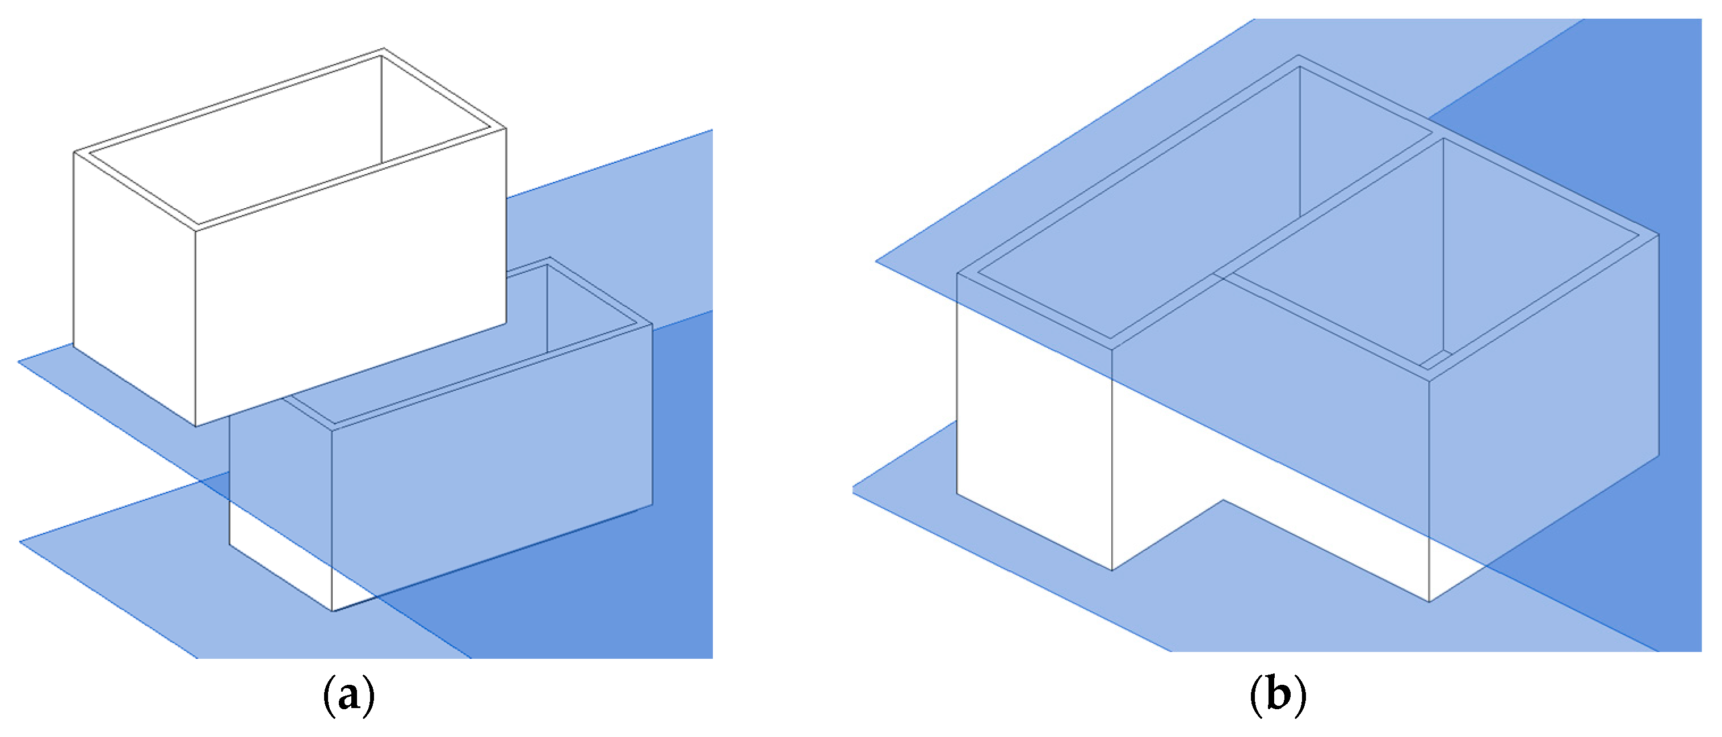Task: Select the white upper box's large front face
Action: tap(351, 277)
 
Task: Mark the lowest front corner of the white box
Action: tap(196, 426)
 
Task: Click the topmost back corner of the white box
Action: tap(383, 48)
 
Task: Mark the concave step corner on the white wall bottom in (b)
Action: tap(1223, 500)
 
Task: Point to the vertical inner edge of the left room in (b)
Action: tap(1300, 142)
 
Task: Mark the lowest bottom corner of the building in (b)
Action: tap(1429, 602)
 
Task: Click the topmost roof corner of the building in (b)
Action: tap(1299, 55)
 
